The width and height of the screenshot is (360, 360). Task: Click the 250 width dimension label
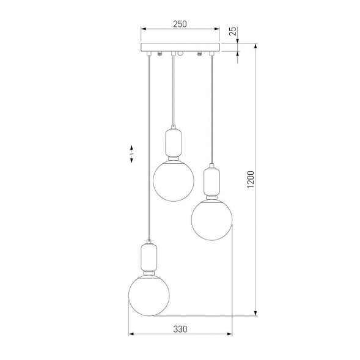[180, 24]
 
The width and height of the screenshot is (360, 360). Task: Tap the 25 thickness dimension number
[233, 31]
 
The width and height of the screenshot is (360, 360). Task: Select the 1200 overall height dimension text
[251, 180]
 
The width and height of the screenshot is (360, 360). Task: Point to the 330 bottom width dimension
[180, 329]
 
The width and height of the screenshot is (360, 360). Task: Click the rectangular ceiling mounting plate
[180, 47]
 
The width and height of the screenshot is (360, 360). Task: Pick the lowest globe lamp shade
[149, 295]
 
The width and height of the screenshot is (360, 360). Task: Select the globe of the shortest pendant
[174, 181]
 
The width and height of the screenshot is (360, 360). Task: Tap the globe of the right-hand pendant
[211, 219]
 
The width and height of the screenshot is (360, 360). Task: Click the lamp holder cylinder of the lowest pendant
[149, 257]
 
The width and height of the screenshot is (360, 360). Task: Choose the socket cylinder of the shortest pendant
[174, 142]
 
